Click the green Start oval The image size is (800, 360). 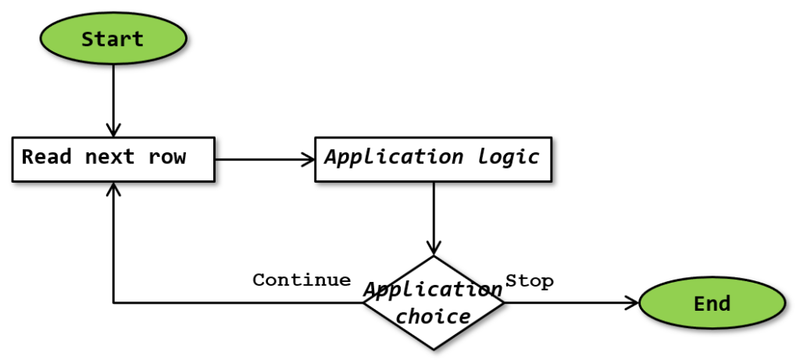pos(113,39)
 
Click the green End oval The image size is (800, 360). pos(712,303)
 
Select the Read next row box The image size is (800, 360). pos(113,159)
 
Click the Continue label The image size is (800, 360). pos(302,280)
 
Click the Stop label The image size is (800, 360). pos(530,281)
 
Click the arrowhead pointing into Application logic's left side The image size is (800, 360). pos(307,159)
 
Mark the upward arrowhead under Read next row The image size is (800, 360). pos(113,189)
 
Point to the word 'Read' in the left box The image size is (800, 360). pos(47,157)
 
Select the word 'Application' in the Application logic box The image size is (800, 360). pos(395,157)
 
